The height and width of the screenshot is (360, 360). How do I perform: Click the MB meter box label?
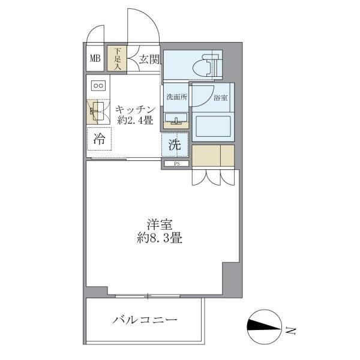click(x=95, y=58)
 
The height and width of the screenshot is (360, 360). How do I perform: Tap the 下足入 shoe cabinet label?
click(x=118, y=59)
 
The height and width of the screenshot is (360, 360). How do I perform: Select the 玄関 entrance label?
click(x=149, y=59)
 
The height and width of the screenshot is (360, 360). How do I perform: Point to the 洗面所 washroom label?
click(x=175, y=97)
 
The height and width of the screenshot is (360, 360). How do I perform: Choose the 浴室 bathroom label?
click(x=220, y=96)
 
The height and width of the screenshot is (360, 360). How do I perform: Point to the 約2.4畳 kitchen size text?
click(x=136, y=121)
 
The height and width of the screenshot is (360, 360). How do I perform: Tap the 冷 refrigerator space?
click(x=99, y=140)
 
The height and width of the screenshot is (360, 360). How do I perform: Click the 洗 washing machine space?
click(x=175, y=145)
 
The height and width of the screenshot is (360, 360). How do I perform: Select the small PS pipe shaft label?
click(x=176, y=163)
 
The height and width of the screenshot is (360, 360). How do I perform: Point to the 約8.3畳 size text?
click(x=159, y=238)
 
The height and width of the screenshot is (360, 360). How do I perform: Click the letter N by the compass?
click(x=290, y=329)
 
